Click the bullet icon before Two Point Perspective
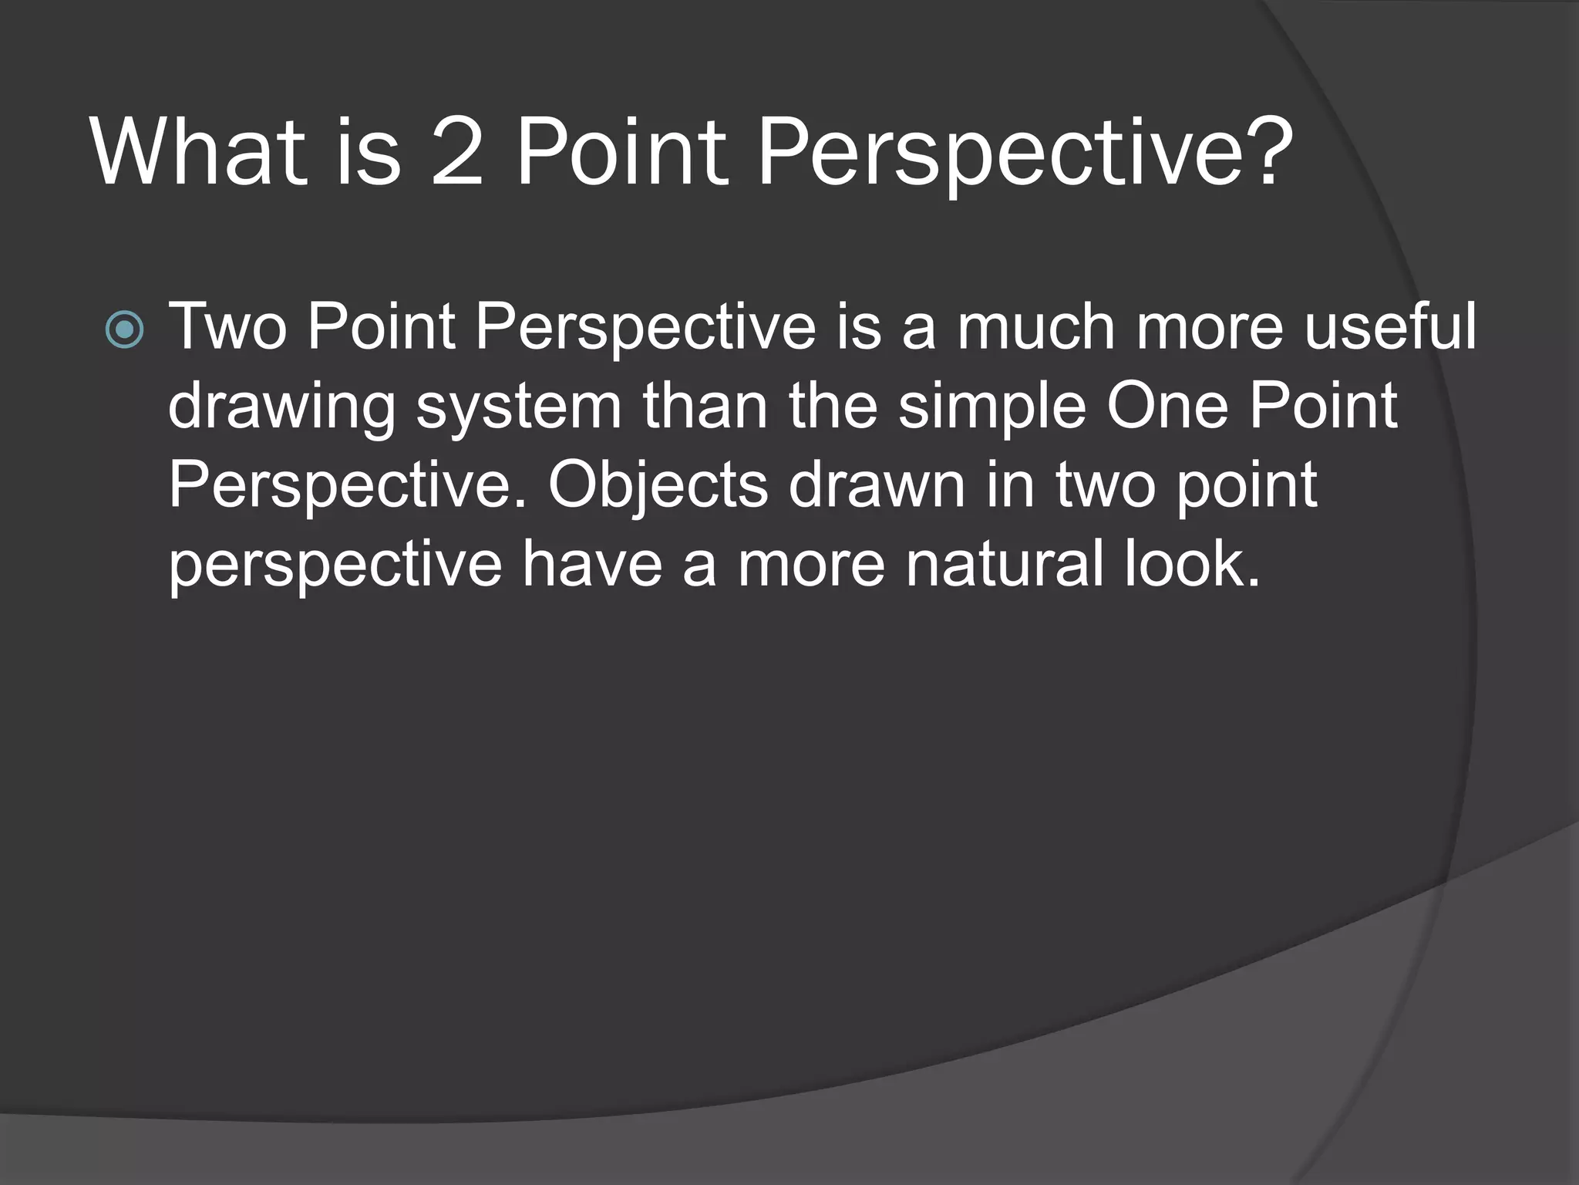pos(124,330)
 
